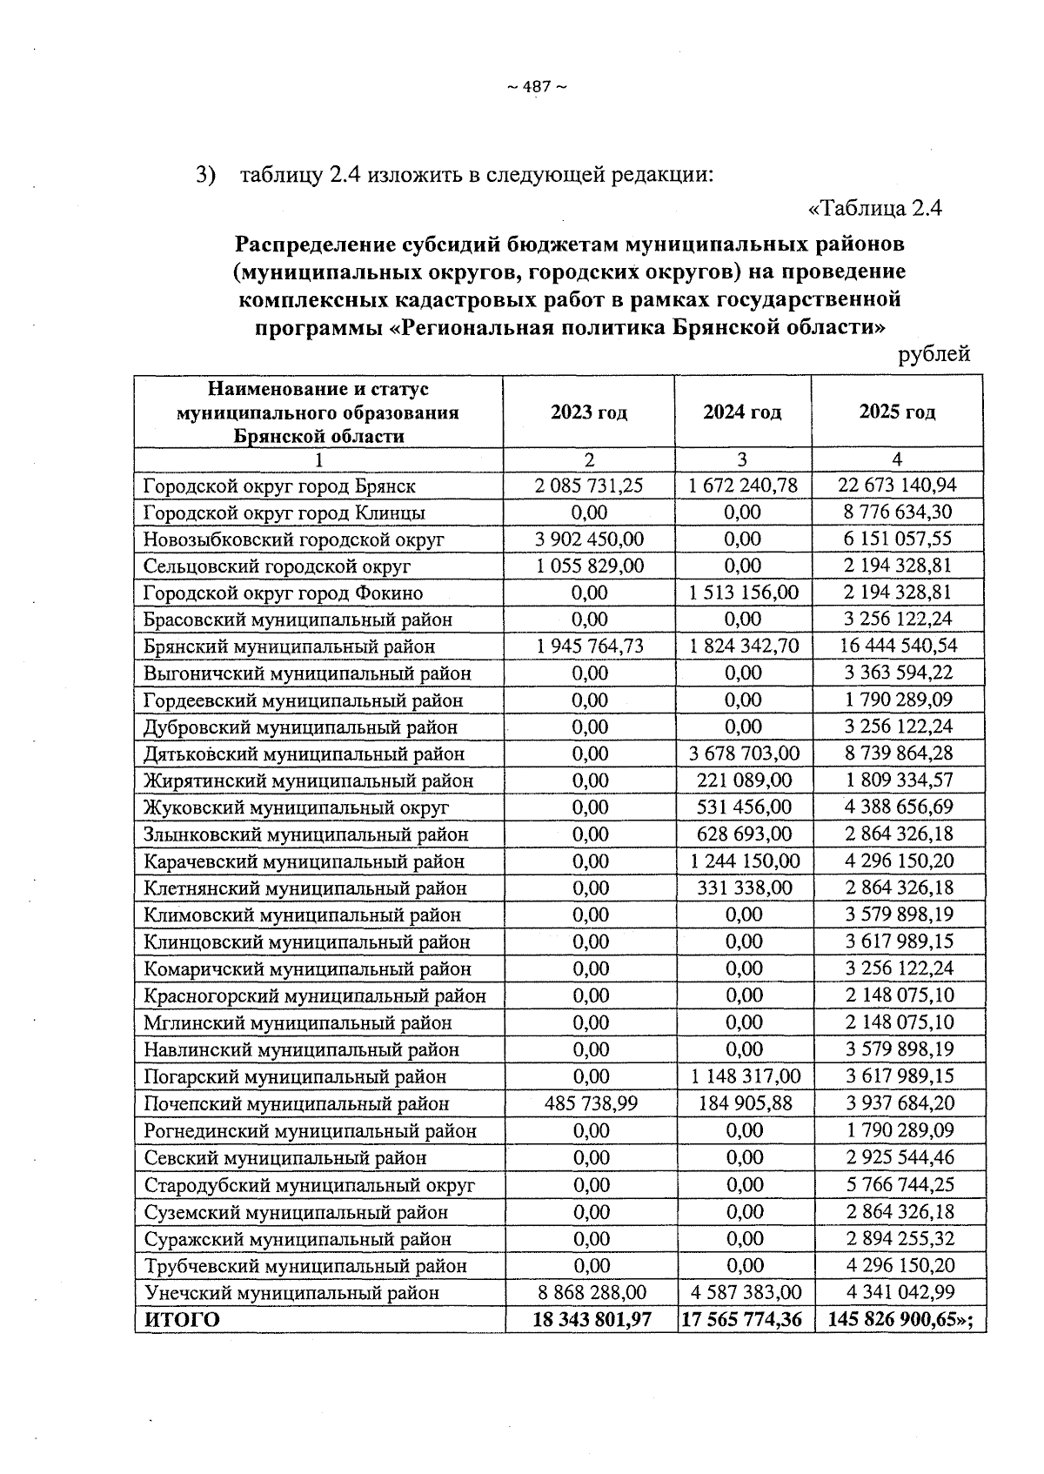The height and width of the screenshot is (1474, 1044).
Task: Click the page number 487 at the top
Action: point(537,86)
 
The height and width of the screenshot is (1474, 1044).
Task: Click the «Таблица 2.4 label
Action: point(876,209)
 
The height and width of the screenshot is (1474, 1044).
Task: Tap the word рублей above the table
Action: point(934,354)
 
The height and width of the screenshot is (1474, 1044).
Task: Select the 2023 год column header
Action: point(589,412)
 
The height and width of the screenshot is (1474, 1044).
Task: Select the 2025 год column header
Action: point(897,412)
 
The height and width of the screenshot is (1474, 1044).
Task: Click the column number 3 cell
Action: point(742,459)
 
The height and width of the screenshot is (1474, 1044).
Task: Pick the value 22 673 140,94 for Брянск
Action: point(897,486)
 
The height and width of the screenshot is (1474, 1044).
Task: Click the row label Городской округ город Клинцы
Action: point(284,513)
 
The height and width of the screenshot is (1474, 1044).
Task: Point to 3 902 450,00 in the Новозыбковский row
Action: point(590,539)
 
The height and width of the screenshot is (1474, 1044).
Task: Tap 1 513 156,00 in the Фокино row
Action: point(743,593)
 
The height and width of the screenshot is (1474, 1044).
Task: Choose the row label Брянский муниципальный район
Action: point(289,647)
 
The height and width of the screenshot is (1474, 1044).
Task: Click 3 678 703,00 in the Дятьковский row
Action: point(743,754)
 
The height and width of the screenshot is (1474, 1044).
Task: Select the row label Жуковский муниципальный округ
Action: point(296,807)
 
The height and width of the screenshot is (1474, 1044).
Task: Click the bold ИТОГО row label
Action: point(182,1320)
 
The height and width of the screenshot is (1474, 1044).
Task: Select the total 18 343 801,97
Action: point(592,1320)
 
